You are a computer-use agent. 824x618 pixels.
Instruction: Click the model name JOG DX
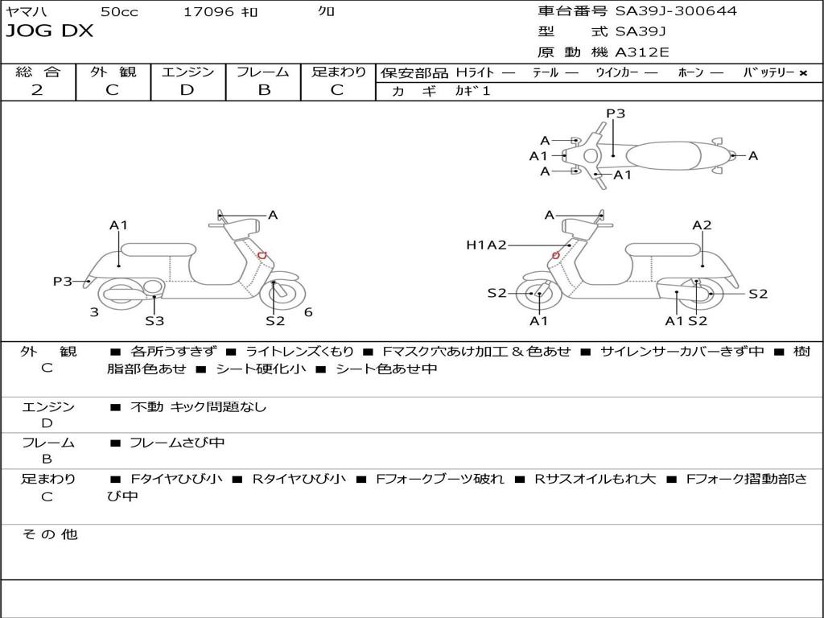coord(50,31)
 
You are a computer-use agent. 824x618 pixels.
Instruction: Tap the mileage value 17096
coord(208,12)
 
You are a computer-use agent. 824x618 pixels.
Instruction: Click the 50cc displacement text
coord(119,12)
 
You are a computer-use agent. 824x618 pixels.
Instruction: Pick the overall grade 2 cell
coord(37,90)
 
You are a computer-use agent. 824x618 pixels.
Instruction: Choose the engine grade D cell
coord(187,90)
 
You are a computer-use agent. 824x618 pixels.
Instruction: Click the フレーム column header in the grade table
coord(263,72)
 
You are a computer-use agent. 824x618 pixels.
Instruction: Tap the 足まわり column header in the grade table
coord(339,72)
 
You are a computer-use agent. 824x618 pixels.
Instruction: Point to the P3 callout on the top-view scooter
coord(616,113)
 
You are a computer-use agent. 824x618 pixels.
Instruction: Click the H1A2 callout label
coord(486,245)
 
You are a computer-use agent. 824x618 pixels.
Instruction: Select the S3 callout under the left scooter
coord(154,321)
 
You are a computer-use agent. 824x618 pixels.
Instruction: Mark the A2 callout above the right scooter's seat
coord(702,225)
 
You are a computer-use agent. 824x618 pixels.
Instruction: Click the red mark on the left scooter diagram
coord(262,255)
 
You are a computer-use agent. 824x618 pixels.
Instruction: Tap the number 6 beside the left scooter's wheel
coord(308,312)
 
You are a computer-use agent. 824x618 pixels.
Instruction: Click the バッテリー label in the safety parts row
coord(768,72)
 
